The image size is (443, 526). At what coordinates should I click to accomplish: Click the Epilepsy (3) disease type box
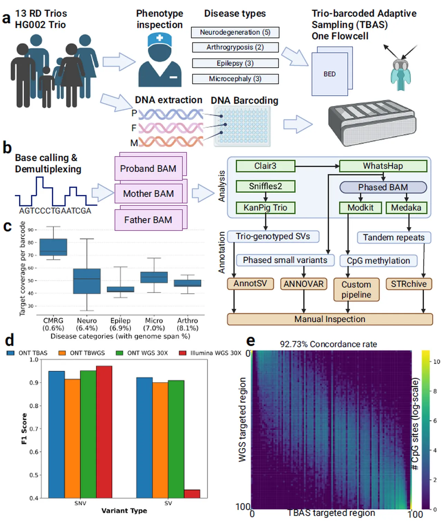point(235,63)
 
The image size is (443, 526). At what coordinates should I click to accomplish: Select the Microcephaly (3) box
point(235,79)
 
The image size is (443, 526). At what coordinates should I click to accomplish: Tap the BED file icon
point(332,71)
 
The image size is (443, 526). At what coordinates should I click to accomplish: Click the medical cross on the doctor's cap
point(160,38)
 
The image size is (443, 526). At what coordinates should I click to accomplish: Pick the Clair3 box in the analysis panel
point(265,166)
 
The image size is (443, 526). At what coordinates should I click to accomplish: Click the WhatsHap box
point(383,166)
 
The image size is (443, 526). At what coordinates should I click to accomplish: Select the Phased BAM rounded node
point(383,187)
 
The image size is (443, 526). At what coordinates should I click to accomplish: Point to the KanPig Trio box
point(265,208)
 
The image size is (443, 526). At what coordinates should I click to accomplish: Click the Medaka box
point(406,208)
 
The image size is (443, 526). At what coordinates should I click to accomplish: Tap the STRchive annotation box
point(409,284)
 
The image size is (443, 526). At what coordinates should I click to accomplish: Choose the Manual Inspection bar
point(330,319)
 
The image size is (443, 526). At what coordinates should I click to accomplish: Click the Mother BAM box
point(148,194)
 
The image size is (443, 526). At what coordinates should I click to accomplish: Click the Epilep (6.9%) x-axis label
point(120,324)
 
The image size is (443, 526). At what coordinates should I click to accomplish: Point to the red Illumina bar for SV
point(192,494)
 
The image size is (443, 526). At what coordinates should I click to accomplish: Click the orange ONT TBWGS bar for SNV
point(72,439)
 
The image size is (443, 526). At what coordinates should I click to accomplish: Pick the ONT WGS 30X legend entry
point(142,353)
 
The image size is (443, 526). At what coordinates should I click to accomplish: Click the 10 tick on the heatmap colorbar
point(436,361)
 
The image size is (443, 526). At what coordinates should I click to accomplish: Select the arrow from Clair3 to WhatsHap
point(317,166)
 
